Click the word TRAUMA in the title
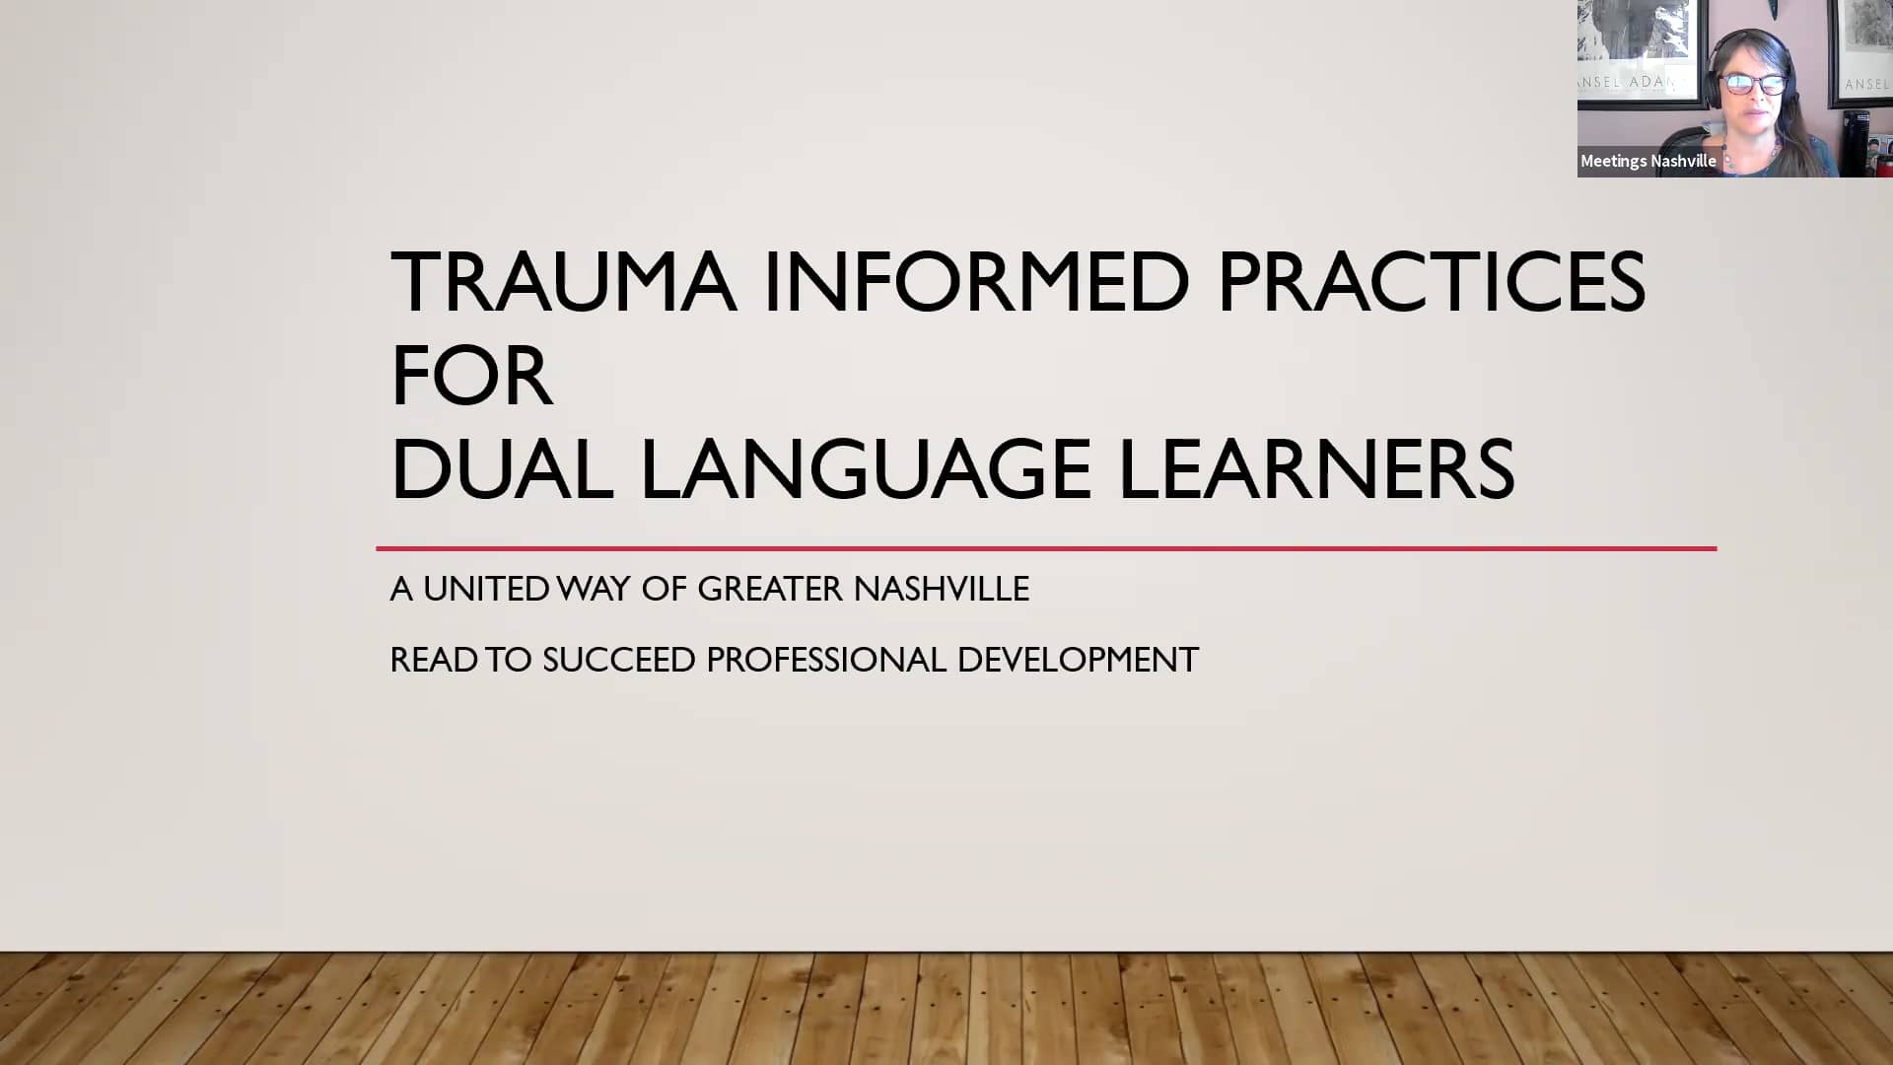pos(563,283)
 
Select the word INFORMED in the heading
pos(976,283)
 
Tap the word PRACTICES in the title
pos(1431,283)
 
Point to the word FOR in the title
pos(470,377)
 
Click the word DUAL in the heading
pos(502,470)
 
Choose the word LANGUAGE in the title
pos(866,470)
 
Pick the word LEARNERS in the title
pos(1316,470)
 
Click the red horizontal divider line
pos(1045,548)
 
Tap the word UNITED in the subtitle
pos(486,589)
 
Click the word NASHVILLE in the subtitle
pos(941,589)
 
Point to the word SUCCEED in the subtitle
pos(618,660)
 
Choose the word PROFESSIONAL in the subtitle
pos(825,660)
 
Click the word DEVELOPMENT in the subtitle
pos(1078,660)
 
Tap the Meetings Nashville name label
pos(1648,161)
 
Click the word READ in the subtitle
pos(433,660)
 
